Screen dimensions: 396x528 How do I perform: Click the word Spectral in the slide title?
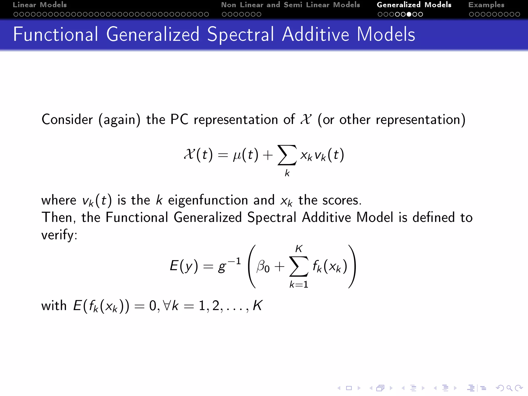[x=240, y=34]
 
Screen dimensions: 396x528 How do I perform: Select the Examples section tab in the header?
[x=486, y=5]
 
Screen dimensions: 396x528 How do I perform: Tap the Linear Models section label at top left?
[x=40, y=5]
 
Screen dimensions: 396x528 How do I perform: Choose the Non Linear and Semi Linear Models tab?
[x=290, y=5]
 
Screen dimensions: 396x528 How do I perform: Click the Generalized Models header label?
[x=414, y=5]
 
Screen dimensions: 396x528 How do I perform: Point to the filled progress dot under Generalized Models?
[x=409, y=14]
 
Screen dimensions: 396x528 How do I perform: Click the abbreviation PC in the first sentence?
[x=179, y=120]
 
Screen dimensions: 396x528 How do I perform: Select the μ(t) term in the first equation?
[x=245, y=155]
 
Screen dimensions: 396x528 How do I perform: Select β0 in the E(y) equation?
[x=263, y=266]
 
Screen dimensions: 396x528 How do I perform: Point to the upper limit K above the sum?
[x=299, y=249]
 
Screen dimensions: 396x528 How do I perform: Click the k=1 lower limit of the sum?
[x=299, y=285]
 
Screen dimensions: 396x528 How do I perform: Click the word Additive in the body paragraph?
[x=326, y=217]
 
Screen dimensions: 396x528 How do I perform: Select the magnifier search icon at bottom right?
[x=509, y=388]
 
